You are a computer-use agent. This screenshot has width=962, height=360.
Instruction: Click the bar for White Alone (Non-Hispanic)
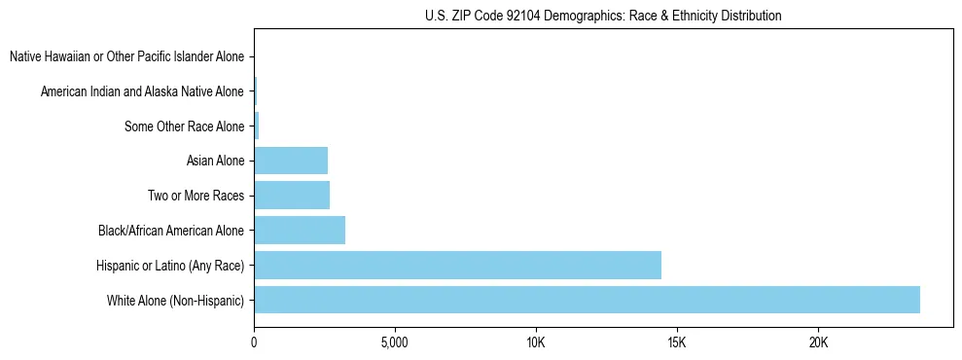tap(587, 300)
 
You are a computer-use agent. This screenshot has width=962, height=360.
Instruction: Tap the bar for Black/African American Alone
tap(300, 230)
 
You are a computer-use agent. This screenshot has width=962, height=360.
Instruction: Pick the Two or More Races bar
tap(292, 195)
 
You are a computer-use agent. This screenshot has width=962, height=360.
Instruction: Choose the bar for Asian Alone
tap(291, 160)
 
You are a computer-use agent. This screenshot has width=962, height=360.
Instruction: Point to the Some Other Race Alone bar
tap(257, 126)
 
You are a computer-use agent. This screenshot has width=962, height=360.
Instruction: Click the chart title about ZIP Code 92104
tap(603, 16)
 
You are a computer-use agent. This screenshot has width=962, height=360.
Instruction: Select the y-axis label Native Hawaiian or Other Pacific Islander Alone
tap(127, 56)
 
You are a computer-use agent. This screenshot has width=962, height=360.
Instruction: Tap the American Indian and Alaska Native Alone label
tap(143, 91)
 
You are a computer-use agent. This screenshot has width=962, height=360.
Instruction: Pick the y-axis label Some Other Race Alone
tap(185, 126)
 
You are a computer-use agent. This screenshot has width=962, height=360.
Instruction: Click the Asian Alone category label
tap(216, 161)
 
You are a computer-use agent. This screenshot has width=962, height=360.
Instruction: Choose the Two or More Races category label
tap(196, 196)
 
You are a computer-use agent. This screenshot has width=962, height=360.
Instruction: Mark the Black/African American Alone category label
tap(172, 231)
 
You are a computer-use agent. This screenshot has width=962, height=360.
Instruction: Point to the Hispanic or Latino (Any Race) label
tap(171, 266)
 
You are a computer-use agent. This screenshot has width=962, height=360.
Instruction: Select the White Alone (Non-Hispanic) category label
tap(176, 301)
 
